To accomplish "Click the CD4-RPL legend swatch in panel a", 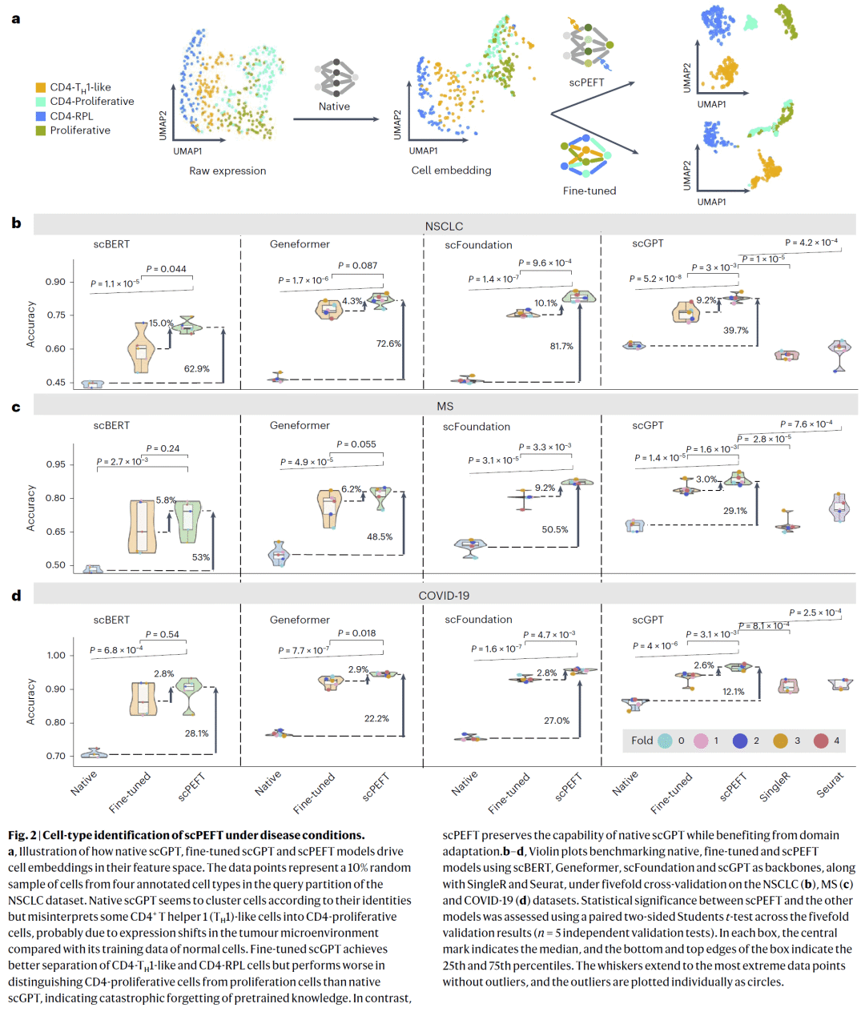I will tap(40, 116).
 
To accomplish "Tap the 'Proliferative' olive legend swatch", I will tap(40, 131).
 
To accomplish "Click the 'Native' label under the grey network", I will tap(334, 106).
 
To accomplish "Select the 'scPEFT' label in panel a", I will tap(586, 82).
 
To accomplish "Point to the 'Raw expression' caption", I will tap(227, 171).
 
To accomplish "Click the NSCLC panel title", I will tap(444, 227).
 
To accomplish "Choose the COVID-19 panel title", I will tap(444, 596).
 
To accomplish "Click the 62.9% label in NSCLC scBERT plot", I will tap(196, 369).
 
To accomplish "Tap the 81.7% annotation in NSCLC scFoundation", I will tap(561, 347).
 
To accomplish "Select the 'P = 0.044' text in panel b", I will tap(167, 269).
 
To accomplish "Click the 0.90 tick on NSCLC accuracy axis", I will tap(55, 282).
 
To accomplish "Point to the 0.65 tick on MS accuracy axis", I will tap(55, 532).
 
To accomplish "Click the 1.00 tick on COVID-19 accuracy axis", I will tap(56, 655).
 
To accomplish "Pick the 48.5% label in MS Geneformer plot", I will tap(380, 537).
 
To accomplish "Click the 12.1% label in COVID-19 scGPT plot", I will tap(733, 692).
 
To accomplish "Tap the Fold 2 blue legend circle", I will tap(740, 741).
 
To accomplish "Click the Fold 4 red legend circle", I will tap(821, 741).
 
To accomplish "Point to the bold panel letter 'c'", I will tap(16, 408).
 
